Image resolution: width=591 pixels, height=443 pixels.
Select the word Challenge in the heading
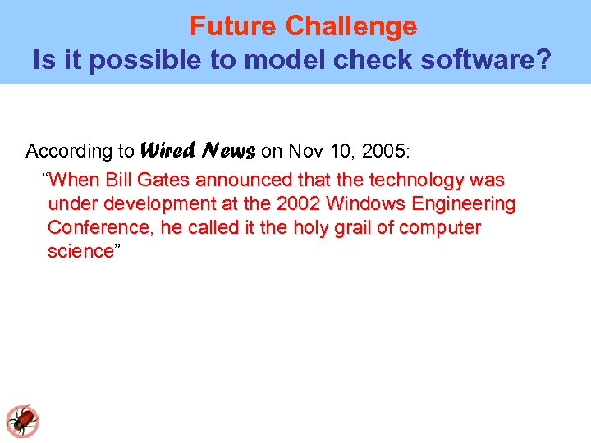coord(350,27)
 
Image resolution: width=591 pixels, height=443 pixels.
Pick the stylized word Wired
coord(168,150)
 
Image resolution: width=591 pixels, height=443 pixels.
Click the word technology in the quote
coord(416,180)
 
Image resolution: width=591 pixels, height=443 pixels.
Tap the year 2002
coord(295,203)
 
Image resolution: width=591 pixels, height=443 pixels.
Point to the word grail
coord(332,227)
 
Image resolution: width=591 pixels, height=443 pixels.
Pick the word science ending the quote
coord(80,251)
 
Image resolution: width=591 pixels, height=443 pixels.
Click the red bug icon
coord(23,421)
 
